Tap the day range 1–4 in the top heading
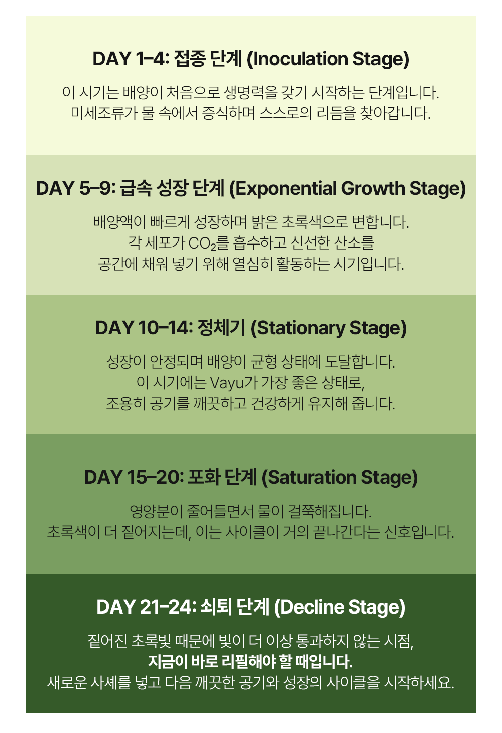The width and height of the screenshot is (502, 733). tap(152, 59)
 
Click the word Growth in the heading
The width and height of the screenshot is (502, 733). tap(373, 188)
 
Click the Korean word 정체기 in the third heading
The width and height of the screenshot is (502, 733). tap(221, 328)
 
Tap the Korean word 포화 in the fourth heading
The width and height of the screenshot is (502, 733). tap(204, 478)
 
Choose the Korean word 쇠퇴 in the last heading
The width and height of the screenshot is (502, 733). tap(216, 607)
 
